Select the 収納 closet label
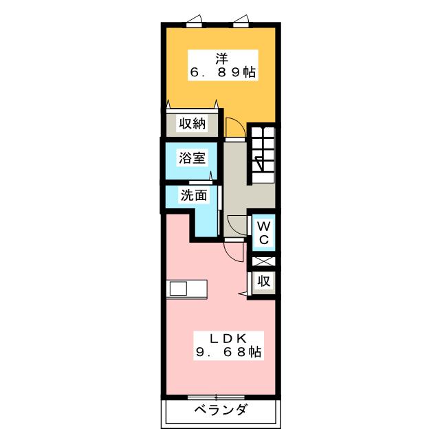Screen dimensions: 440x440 192,124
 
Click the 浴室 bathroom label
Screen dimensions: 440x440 192,158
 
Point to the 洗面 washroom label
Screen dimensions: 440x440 194,195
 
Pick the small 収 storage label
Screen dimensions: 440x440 263,280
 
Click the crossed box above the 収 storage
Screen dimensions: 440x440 263,261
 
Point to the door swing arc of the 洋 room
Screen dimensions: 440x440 234,127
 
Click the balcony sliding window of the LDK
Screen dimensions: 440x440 216,397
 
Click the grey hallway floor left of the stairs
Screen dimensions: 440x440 235,179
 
